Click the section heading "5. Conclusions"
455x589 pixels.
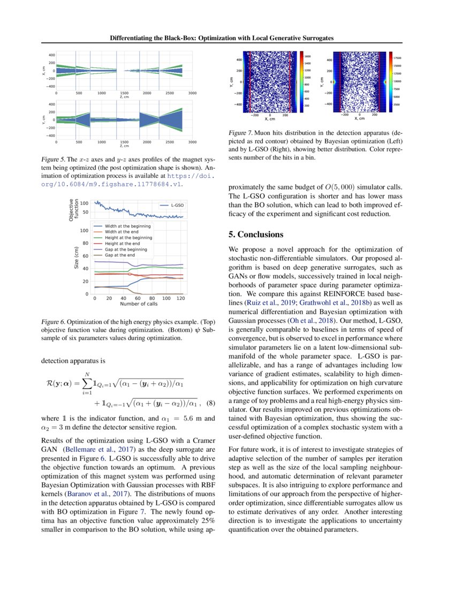pyautogui.click(x=256, y=235)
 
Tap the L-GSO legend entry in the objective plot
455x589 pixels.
pyautogui.click(x=177, y=205)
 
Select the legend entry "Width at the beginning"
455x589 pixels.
pyautogui.click(x=128, y=226)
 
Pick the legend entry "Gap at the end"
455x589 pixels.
pyautogui.click(x=119, y=255)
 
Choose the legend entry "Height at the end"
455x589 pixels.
pyautogui.click(x=124, y=244)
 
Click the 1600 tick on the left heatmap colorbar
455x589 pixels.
pyautogui.click(x=308, y=56)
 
